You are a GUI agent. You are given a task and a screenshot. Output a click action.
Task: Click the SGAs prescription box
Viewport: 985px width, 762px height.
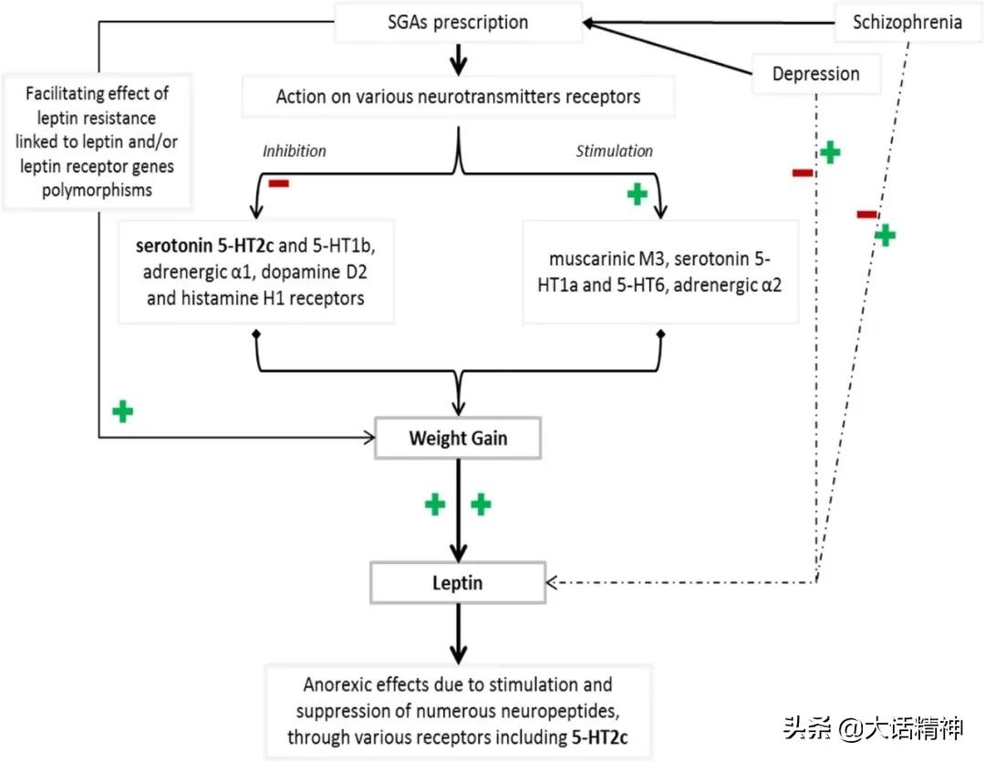click(458, 22)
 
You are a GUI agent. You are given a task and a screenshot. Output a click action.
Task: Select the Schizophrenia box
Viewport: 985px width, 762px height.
click(907, 22)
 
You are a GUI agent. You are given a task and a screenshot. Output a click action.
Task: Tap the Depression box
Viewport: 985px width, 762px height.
click(815, 74)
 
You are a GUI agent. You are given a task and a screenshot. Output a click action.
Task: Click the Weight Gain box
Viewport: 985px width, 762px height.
click(458, 438)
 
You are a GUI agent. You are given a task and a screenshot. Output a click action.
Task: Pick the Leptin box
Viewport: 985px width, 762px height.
click(458, 580)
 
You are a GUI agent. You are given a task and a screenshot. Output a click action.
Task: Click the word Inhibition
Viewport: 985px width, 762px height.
click(294, 151)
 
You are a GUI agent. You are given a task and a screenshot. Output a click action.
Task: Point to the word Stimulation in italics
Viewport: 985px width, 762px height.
click(614, 151)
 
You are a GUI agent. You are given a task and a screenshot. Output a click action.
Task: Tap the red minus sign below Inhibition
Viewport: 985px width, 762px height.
click(278, 184)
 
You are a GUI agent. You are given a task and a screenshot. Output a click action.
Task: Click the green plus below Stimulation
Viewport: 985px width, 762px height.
click(638, 194)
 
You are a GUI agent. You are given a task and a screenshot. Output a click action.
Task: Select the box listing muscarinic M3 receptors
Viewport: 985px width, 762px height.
click(660, 271)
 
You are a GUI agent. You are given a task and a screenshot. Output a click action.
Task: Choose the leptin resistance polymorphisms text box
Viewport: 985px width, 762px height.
click(98, 141)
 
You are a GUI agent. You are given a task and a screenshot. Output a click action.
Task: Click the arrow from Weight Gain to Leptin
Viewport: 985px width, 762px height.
click(458, 511)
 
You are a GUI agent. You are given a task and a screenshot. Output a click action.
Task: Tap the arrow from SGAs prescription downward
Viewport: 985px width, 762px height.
click(458, 58)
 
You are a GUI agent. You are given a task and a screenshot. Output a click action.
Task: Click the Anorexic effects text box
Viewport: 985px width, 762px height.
click(458, 711)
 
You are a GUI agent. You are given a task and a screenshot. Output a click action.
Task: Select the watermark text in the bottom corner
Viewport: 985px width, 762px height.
click(872, 729)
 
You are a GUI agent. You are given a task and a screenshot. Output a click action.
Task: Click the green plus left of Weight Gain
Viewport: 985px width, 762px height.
click(122, 412)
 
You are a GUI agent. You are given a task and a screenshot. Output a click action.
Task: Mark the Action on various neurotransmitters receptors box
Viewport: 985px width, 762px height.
click(458, 96)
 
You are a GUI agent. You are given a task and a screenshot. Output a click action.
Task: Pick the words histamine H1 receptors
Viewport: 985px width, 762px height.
click(255, 297)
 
